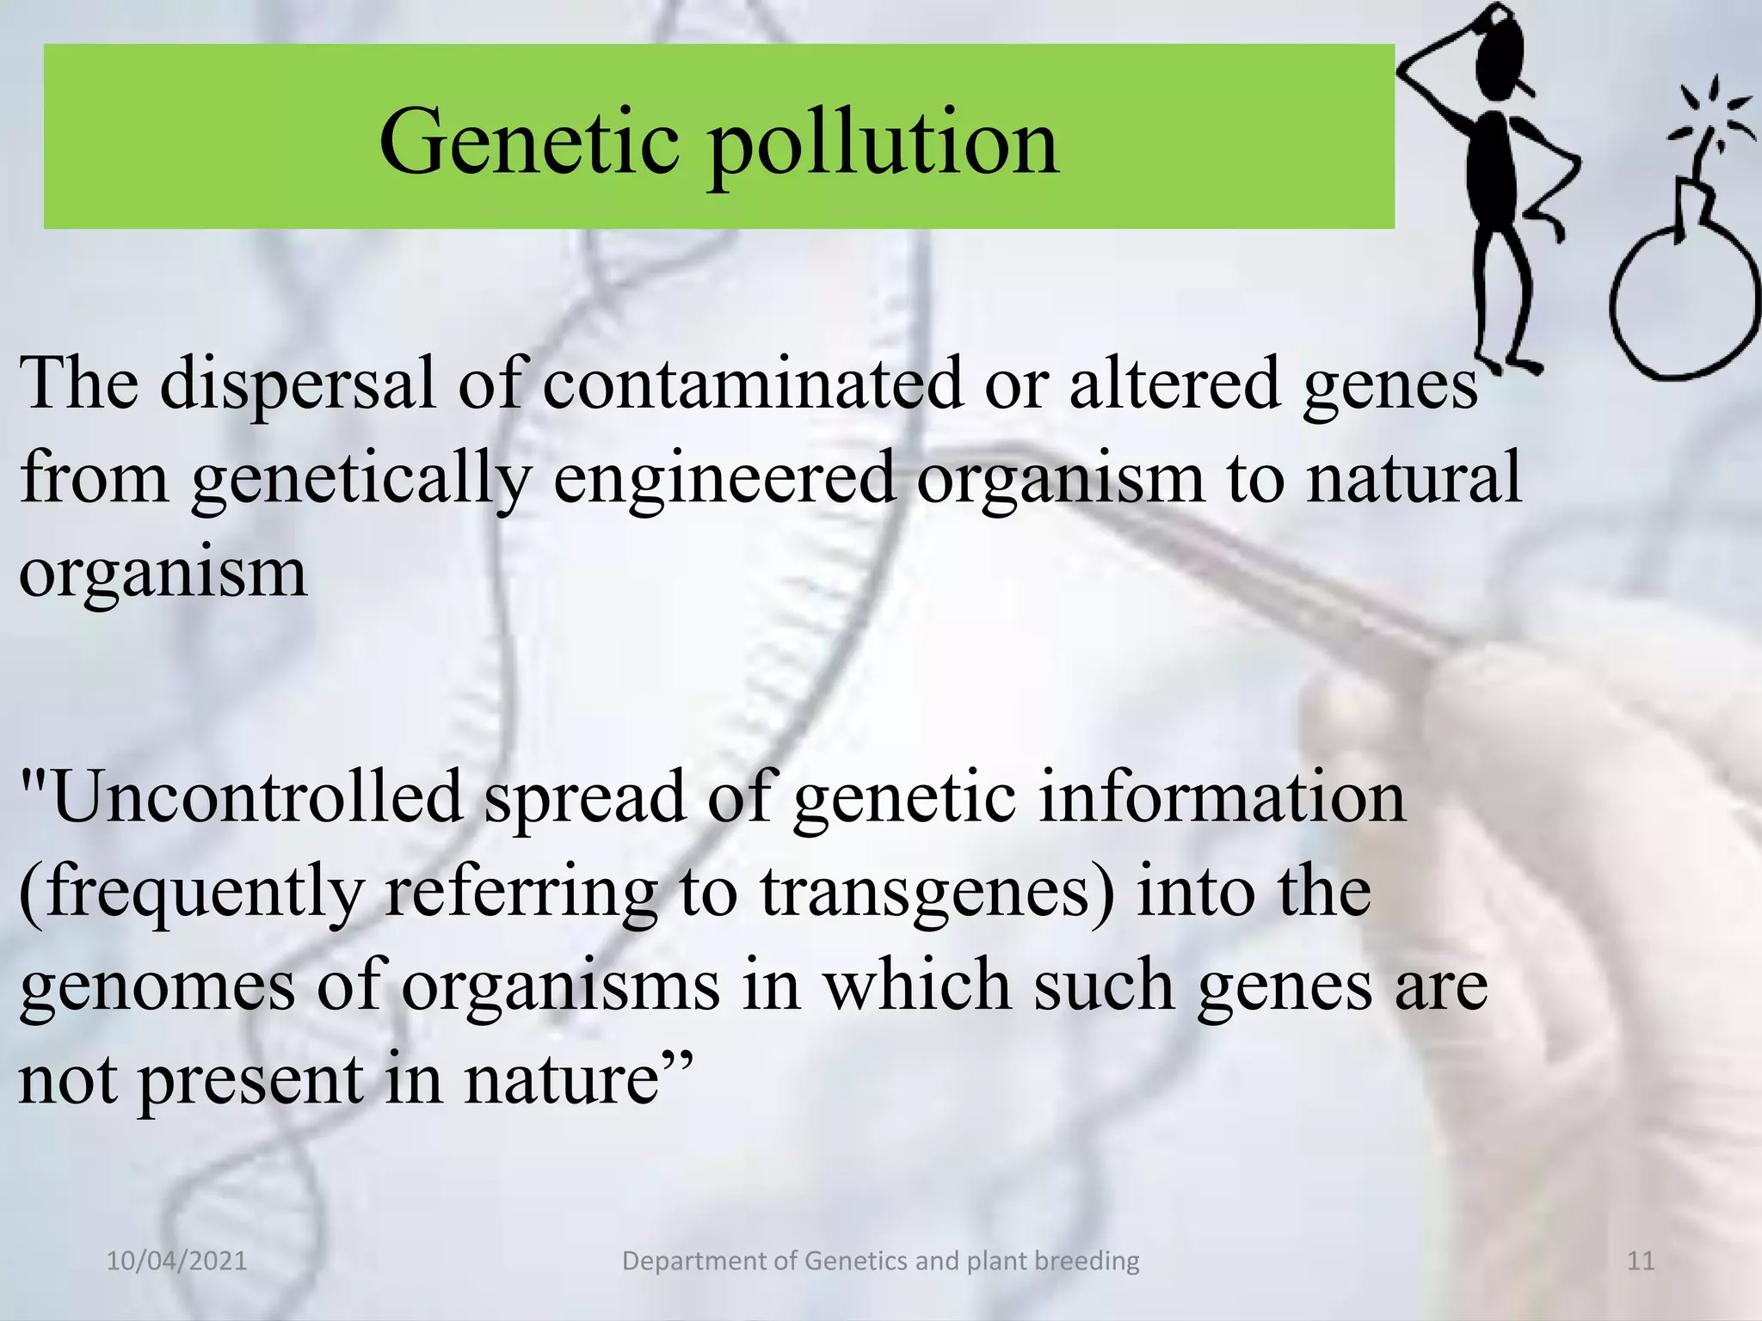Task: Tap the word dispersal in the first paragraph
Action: pos(298,383)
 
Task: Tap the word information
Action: pos(1222,797)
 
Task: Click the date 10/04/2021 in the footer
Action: pos(176,1262)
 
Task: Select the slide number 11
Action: pos(1641,1262)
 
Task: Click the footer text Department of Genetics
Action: pos(880,1262)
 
